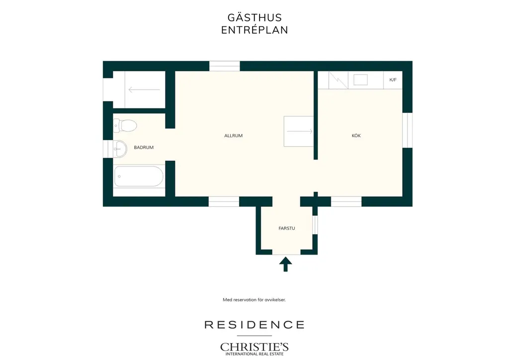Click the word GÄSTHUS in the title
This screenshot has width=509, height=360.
(x=254, y=17)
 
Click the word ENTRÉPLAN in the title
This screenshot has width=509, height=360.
(x=254, y=30)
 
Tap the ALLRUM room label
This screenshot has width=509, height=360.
(x=234, y=136)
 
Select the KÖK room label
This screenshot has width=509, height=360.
(x=356, y=136)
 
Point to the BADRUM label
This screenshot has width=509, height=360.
(x=144, y=147)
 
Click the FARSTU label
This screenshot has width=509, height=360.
(x=287, y=228)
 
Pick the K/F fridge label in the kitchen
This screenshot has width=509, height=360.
(x=393, y=80)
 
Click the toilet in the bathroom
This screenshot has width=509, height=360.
(x=125, y=125)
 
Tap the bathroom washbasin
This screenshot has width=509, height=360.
(x=120, y=149)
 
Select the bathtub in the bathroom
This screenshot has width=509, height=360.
(x=139, y=177)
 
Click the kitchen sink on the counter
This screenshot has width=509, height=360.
(x=360, y=80)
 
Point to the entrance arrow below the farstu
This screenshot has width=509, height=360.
(x=286, y=264)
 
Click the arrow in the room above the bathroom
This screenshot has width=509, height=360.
(x=144, y=90)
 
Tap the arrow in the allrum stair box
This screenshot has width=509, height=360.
(x=300, y=131)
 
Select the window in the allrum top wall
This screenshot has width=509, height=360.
(x=224, y=66)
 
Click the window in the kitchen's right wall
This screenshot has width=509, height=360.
(x=408, y=130)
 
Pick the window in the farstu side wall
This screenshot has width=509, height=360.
(x=315, y=225)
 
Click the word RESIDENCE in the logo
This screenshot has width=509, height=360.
(x=254, y=325)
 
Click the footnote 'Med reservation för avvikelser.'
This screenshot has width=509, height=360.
(x=254, y=300)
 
